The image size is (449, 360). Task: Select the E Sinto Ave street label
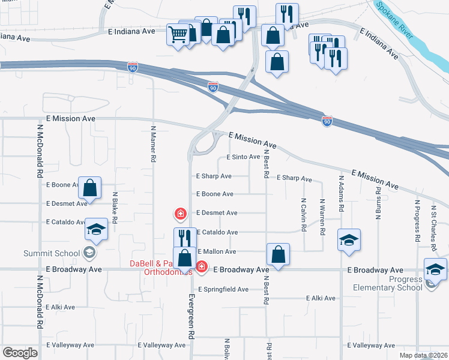pyautogui.click(x=243, y=157)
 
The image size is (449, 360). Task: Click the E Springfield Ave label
pyautogui.click(x=223, y=289)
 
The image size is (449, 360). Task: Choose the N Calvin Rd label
pyautogui.click(x=304, y=217)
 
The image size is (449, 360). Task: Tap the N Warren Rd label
pyautogui.click(x=322, y=217)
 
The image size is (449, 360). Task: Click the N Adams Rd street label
pyautogui.click(x=341, y=193)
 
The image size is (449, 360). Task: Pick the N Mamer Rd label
pyautogui.click(x=153, y=144)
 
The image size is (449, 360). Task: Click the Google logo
pyautogui.click(x=20, y=353)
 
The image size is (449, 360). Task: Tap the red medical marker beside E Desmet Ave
pyautogui.click(x=179, y=213)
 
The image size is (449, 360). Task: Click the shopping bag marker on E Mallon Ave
pyautogui.click(x=278, y=254)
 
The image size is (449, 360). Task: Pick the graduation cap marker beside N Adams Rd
pyautogui.click(x=349, y=240)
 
